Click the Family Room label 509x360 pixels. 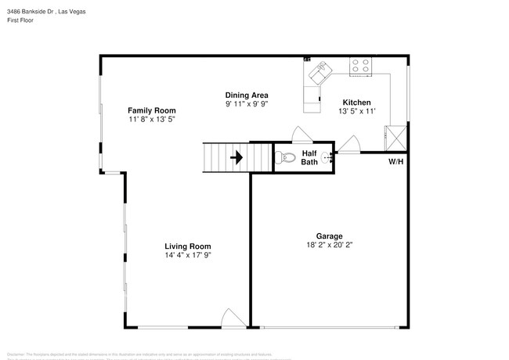tap(152, 110)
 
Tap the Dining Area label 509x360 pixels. tap(247, 95)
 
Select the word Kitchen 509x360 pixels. tap(356, 103)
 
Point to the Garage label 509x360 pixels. tap(329, 236)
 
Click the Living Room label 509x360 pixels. tap(188, 246)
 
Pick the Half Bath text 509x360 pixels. tap(309, 157)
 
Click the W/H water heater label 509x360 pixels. tap(396, 162)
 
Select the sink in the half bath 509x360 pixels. tap(327, 157)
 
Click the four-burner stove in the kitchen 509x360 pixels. tap(361, 67)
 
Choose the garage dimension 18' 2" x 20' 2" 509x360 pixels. tap(329, 245)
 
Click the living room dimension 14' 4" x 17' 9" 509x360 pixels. tap(188, 255)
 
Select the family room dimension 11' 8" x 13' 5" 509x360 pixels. tap(152, 120)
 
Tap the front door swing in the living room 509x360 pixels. tap(233, 318)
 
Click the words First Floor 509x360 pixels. tap(21, 20)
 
